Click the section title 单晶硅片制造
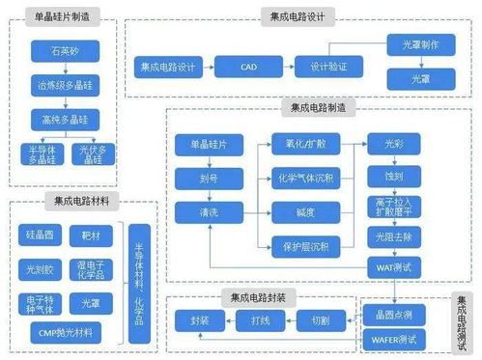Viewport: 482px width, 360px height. tap(63, 18)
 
